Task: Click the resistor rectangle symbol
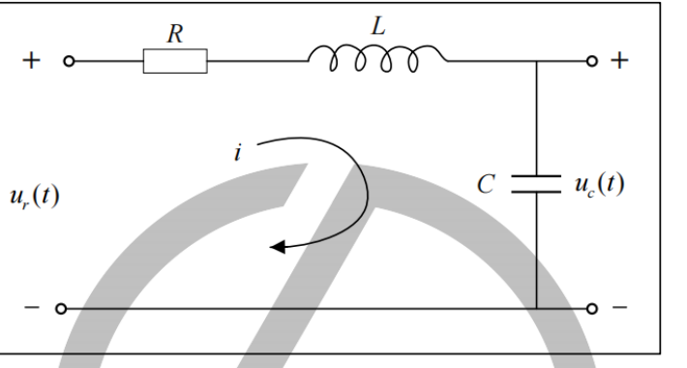click(x=175, y=61)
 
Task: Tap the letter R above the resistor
click(x=175, y=34)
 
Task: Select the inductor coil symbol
click(x=377, y=58)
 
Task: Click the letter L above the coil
click(x=378, y=26)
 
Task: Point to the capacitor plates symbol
click(x=536, y=184)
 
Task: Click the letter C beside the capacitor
click(x=486, y=184)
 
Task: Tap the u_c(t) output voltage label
click(x=600, y=184)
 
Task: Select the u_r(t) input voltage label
click(x=35, y=196)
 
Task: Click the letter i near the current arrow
click(x=237, y=153)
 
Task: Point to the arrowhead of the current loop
click(x=278, y=247)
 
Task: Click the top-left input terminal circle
click(x=69, y=61)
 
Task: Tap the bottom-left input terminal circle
click(x=61, y=309)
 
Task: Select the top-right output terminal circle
click(x=591, y=61)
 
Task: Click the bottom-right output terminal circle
click(x=591, y=309)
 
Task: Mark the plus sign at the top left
click(x=31, y=60)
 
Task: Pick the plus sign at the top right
click(x=619, y=60)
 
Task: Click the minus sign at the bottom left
click(x=32, y=307)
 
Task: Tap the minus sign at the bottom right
click(x=619, y=307)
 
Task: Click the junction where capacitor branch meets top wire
click(x=537, y=61)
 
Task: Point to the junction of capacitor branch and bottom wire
click(x=537, y=309)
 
